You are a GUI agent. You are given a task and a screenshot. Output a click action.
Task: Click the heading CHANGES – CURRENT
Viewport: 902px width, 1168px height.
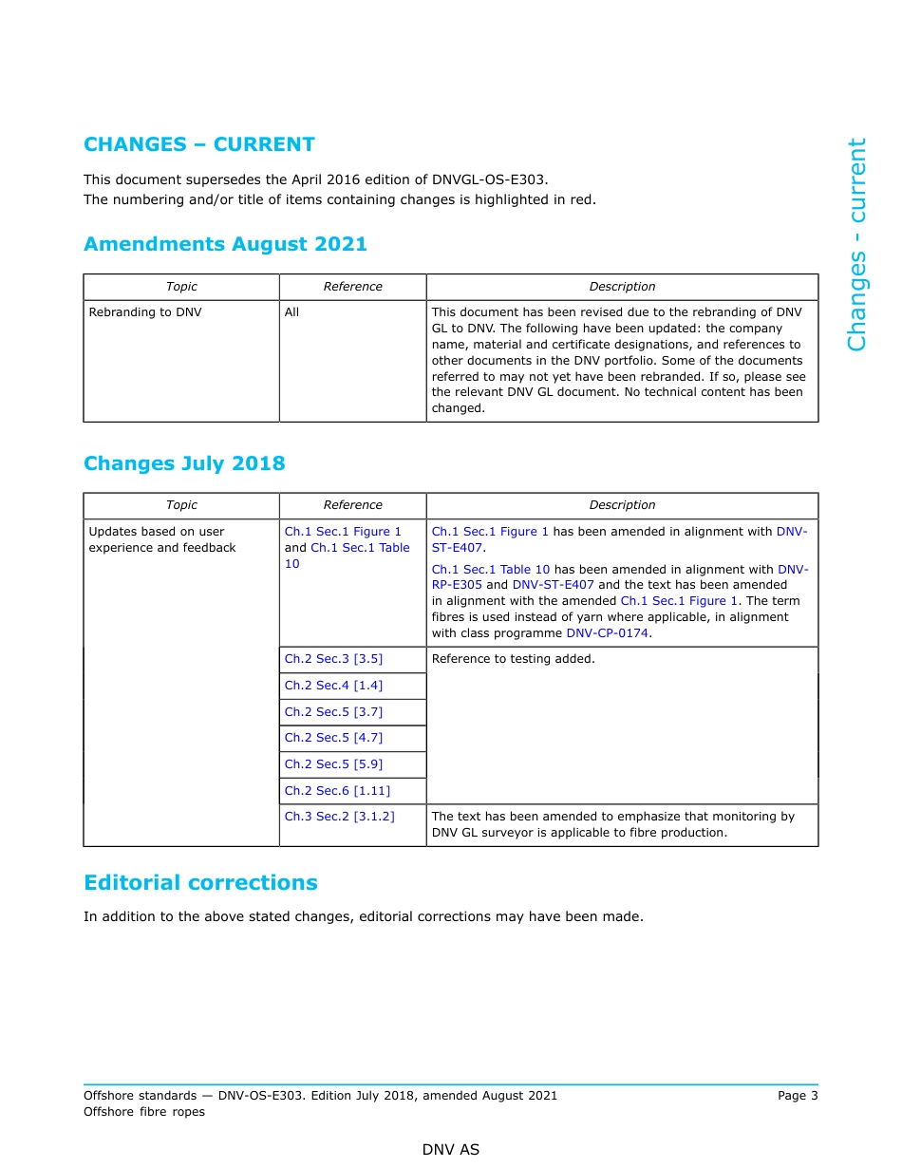pos(198,144)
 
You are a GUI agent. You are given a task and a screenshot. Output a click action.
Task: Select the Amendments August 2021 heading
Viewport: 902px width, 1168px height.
pos(225,244)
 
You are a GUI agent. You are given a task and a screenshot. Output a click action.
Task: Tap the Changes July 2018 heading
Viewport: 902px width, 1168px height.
pos(184,463)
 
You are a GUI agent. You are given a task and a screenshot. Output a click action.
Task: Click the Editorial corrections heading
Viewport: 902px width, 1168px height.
pos(200,882)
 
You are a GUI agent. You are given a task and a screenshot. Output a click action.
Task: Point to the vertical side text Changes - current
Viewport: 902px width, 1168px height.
pos(856,245)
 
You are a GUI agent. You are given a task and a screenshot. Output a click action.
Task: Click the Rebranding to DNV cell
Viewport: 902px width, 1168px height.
pos(145,312)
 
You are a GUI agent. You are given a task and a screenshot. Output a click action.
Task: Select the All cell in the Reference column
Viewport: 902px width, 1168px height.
pos(291,312)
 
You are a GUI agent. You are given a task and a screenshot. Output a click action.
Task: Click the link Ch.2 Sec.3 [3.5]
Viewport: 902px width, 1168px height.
pos(333,659)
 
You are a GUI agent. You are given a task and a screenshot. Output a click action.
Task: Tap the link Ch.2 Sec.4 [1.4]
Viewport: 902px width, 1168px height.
pos(333,686)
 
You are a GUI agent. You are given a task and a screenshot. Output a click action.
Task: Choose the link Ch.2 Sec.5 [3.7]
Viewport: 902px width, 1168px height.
pos(333,712)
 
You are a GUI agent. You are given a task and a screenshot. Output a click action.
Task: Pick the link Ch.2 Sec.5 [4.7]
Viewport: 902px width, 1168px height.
pos(333,738)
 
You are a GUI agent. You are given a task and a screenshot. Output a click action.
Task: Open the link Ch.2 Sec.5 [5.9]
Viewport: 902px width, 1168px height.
pos(333,764)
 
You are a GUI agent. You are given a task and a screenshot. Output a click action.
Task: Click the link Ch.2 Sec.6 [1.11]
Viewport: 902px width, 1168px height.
pos(337,791)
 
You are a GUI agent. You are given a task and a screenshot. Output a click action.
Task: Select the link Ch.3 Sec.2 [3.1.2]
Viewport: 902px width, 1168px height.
pos(339,817)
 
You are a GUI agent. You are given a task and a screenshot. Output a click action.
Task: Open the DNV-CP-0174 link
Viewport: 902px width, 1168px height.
pos(608,633)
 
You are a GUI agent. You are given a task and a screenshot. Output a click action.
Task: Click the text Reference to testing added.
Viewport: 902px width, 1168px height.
pos(513,659)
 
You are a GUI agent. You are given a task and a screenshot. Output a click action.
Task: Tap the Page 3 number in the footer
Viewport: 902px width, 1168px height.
pos(797,1096)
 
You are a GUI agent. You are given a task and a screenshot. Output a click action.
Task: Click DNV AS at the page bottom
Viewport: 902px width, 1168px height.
pos(451,1150)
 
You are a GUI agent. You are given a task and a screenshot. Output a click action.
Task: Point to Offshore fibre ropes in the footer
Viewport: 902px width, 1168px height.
pos(144,1112)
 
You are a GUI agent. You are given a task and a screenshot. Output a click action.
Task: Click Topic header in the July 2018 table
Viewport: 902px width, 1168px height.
pos(181,505)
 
